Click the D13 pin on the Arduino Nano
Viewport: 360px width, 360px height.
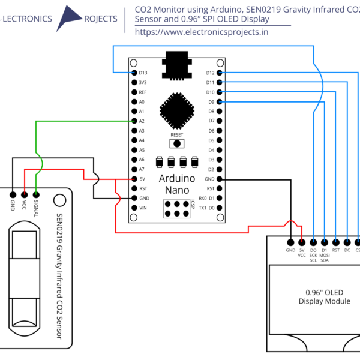coord(134,73)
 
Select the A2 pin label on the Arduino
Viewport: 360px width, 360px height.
coord(142,121)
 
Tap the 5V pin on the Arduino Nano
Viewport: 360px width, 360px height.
coord(134,179)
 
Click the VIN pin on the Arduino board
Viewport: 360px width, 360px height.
coord(134,208)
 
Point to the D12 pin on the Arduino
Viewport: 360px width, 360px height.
coord(220,73)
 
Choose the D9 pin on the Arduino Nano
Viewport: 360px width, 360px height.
coord(220,102)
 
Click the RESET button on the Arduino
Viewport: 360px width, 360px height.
coord(177,143)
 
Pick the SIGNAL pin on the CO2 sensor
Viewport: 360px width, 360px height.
coord(36,194)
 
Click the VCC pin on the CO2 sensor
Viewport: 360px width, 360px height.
coord(24,194)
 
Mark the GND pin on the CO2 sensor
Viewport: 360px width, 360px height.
coord(12,194)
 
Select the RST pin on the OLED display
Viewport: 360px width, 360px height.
coord(335,241)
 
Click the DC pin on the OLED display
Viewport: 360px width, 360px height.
coord(347,241)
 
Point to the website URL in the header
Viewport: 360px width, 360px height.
coord(202,32)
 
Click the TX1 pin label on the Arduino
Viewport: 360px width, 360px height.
coord(202,208)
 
